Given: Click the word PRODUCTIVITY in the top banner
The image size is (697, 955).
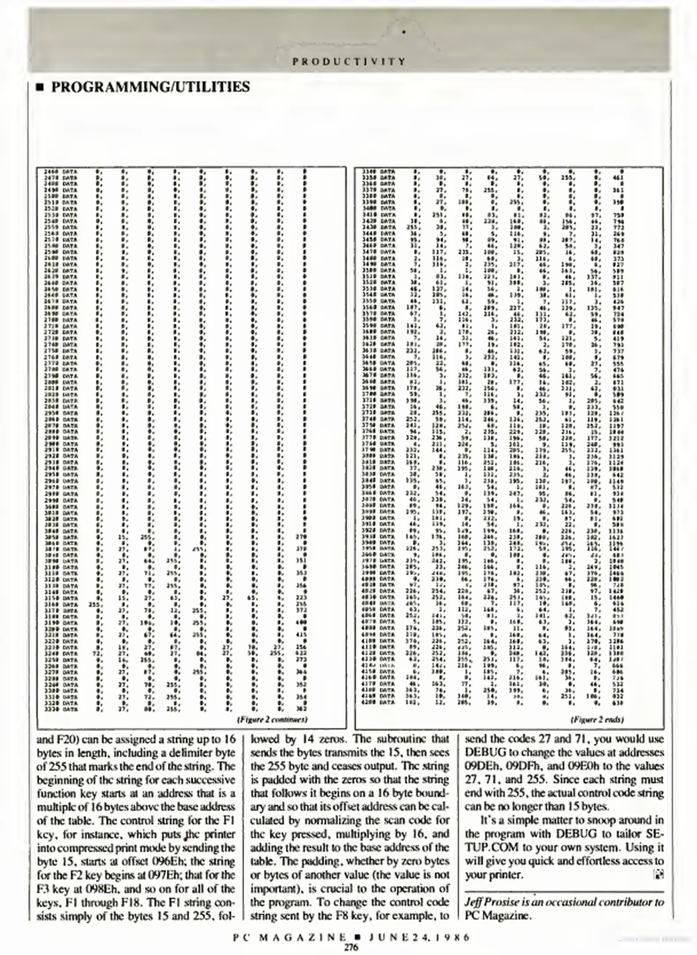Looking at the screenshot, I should coord(349,61).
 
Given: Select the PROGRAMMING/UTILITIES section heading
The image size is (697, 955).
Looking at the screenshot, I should coord(150,87).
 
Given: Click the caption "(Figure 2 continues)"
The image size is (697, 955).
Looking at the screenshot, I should coord(272,719).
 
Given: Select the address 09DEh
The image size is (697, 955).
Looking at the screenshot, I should coord(485,765).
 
